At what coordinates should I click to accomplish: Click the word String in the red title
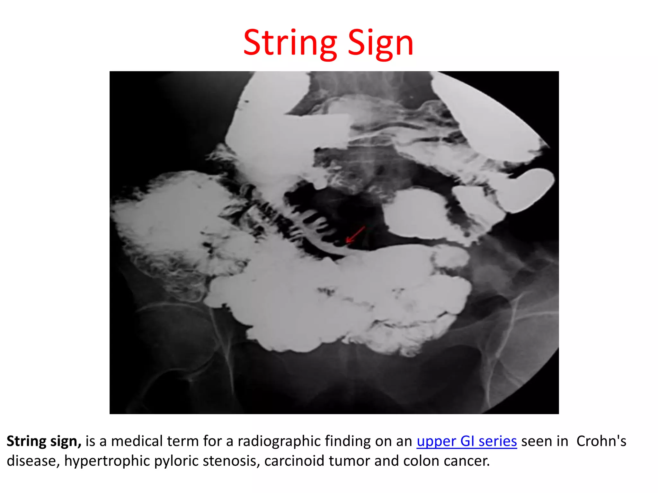point(290,43)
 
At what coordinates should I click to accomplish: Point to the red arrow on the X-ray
point(355,234)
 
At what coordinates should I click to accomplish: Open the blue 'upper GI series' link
point(467,441)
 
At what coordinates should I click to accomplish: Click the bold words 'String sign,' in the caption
point(44,441)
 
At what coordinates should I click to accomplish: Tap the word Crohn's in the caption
point(601,441)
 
